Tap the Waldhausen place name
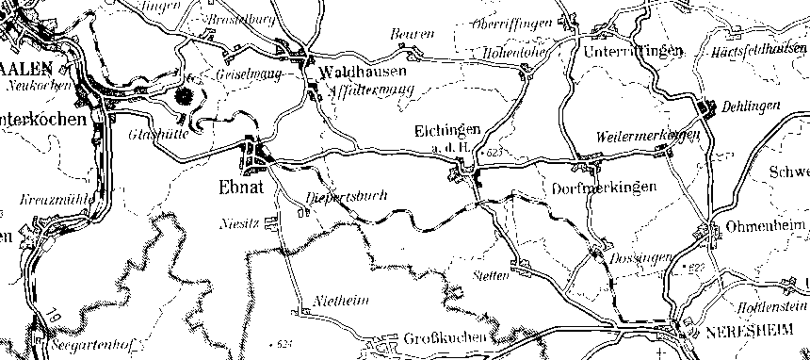pos(363,73)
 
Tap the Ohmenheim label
pos(764,228)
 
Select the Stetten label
pos(489,275)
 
